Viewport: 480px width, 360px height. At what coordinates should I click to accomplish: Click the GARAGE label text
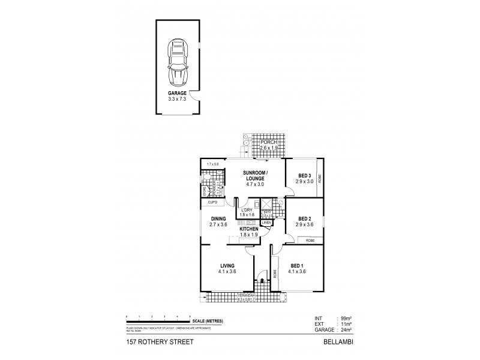tap(178, 94)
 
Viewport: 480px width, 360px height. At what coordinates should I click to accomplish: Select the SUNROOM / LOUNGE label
tap(255, 176)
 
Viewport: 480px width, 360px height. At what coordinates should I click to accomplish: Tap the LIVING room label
tap(227, 265)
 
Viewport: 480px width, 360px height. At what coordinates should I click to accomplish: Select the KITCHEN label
tap(249, 230)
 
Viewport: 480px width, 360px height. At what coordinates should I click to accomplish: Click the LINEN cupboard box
tap(266, 223)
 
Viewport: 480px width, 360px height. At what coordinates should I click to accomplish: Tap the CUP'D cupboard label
tap(214, 203)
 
